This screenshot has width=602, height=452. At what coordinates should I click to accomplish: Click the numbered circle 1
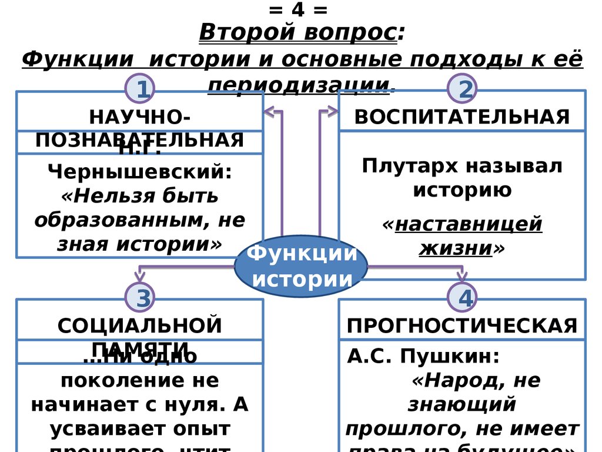point(139,89)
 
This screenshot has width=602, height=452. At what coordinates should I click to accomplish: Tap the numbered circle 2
point(461,89)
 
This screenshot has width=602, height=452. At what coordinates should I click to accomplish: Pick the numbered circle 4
point(461,298)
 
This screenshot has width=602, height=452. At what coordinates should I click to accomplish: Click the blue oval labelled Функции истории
point(301,266)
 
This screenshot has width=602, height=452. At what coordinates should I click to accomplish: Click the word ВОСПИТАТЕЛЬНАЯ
point(462,117)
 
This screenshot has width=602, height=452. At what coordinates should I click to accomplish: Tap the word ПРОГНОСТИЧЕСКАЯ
point(462,325)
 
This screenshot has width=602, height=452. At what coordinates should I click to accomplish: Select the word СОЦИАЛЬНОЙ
point(140,325)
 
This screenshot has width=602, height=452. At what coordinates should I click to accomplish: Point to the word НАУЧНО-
point(140,117)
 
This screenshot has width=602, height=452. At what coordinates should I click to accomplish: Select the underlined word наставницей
point(469,224)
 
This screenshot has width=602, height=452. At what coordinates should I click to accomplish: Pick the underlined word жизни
point(456,248)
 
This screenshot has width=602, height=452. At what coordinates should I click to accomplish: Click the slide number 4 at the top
point(300,10)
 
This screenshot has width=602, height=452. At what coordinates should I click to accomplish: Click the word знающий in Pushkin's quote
point(462,404)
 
